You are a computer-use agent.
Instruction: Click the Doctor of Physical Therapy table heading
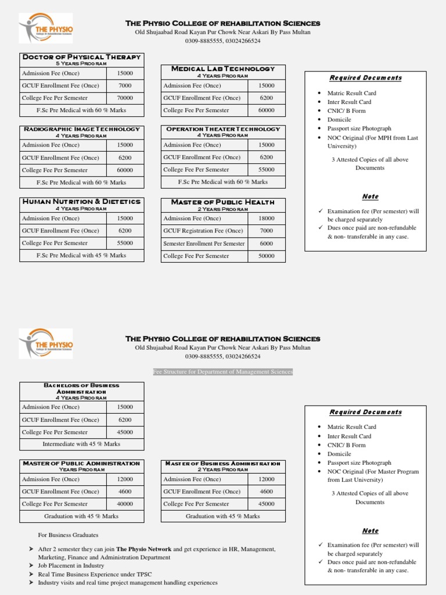[x=81, y=57]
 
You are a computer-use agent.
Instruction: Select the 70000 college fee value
[x=125, y=98]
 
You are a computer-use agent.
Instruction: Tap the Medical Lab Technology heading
[x=223, y=69]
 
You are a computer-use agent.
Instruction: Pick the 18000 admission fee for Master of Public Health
[x=267, y=218]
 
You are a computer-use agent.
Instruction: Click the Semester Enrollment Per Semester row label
[x=204, y=243]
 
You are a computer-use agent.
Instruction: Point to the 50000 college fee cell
[x=267, y=256]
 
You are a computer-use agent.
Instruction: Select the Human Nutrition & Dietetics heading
[x=81, y=202]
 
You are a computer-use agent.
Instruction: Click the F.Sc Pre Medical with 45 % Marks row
[x=81, y=255]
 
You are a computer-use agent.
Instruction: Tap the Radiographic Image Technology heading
[x=81, y=129]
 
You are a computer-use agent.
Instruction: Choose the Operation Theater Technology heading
[x=223, y=129]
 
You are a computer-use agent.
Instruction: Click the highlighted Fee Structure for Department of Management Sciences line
[x=223, y=371]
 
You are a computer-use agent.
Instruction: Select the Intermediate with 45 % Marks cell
[x=81, y=444]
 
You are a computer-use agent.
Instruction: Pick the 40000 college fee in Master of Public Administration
[x=125, y=504]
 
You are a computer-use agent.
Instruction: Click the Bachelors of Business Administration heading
[x=81, y=388]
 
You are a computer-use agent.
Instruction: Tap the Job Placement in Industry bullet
[x=71, y=565]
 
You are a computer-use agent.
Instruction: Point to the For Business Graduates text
[x=68, y=535]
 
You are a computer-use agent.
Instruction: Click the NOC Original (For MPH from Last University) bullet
[x=372, y=142]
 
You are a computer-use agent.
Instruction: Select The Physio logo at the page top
[x=46, y=28]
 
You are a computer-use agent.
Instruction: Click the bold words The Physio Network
[x=143, y=549]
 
